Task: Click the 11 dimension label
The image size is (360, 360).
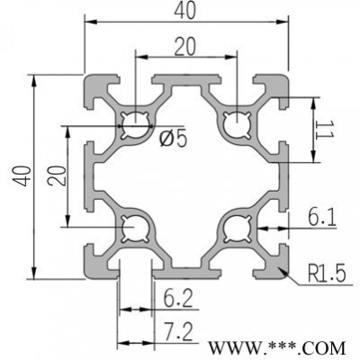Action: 325,130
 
